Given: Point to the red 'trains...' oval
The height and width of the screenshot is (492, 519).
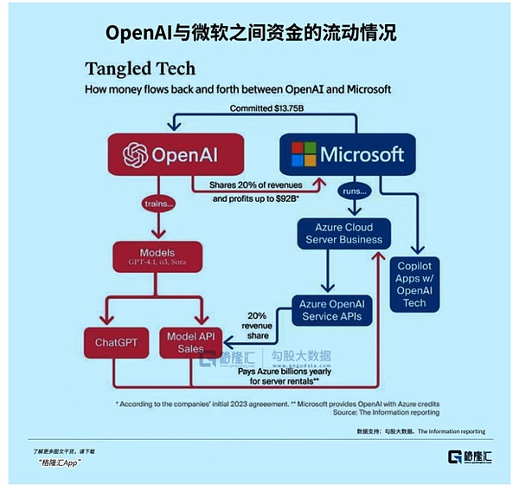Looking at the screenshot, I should coord(159,204).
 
